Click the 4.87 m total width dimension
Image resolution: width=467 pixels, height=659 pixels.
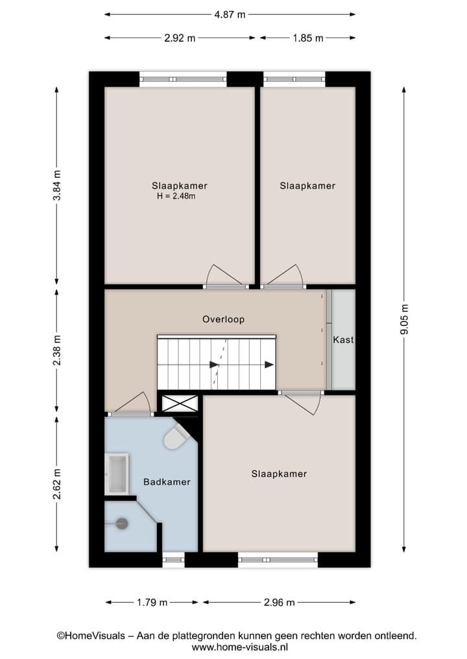tap(230, 14)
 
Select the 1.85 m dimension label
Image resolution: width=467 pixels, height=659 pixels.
tap(307, 38)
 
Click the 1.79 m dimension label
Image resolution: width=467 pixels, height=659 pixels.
tap(152, 603)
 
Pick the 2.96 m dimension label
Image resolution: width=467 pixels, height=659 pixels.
tap(279, 603)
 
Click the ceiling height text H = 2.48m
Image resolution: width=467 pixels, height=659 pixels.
tap(176, 196)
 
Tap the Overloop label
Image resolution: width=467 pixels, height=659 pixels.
tap(223, 319)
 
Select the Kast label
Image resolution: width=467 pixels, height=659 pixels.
tap(343, 340)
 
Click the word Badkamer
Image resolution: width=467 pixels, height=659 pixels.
tap(167, 482)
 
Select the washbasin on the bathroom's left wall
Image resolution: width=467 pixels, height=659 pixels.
tap(117, 473)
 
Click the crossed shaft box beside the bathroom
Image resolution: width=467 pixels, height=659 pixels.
tap(179, 403)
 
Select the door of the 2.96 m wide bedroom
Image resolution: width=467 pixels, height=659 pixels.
tap(302, 402)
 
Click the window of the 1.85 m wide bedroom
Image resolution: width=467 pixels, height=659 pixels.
tap(294, 79)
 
